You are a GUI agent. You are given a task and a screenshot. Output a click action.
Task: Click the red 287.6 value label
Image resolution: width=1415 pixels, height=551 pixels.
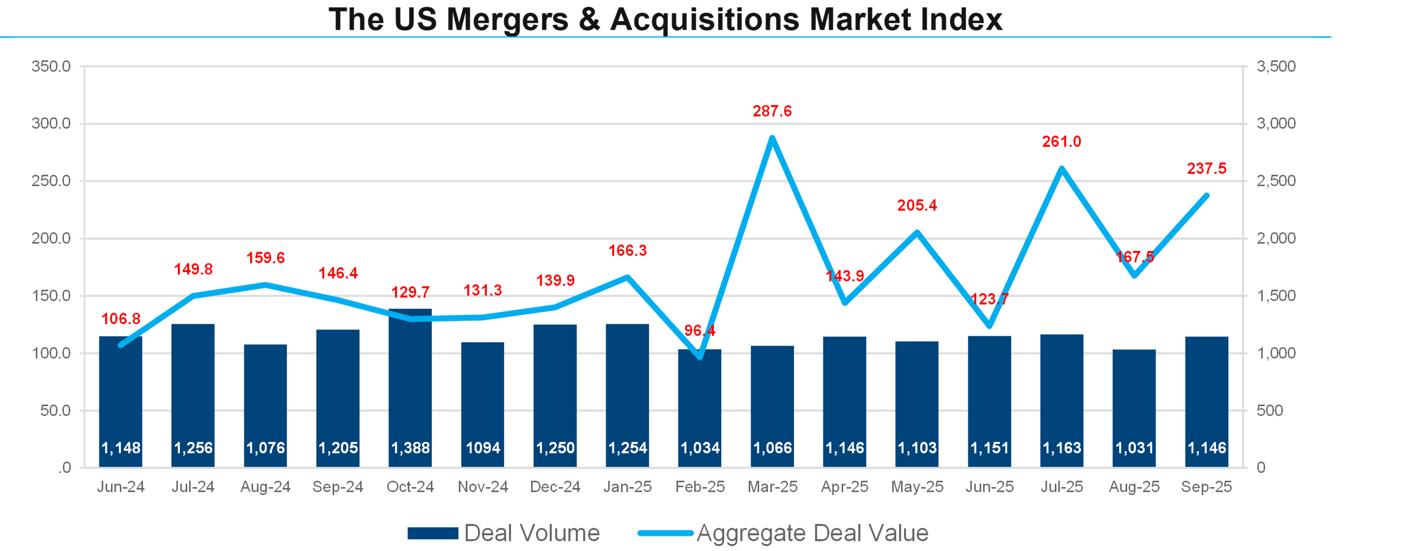click(x=772, y=111)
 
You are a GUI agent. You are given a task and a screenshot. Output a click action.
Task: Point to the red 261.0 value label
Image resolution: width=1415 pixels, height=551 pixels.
click(x=1061, y=142)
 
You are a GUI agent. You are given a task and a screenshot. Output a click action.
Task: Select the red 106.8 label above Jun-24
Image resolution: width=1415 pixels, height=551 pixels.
click(x=121, y=319)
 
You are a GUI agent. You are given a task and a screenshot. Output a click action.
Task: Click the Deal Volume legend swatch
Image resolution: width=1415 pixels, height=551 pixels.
click(x=433, y=533)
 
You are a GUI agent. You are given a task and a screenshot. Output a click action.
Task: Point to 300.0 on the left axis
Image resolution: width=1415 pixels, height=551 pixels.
click(x=51, y=123)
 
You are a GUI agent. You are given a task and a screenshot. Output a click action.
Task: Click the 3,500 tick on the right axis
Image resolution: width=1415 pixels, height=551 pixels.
click(x=1275, y=66)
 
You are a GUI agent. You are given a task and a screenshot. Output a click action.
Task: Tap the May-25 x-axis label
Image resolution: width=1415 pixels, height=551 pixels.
click(x=917, y=487)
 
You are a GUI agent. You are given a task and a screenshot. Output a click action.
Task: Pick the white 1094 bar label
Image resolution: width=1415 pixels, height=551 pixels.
click(x=483, y=448)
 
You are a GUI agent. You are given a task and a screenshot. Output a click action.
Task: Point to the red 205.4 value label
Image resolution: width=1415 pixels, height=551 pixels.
click(x=917, y=205)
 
